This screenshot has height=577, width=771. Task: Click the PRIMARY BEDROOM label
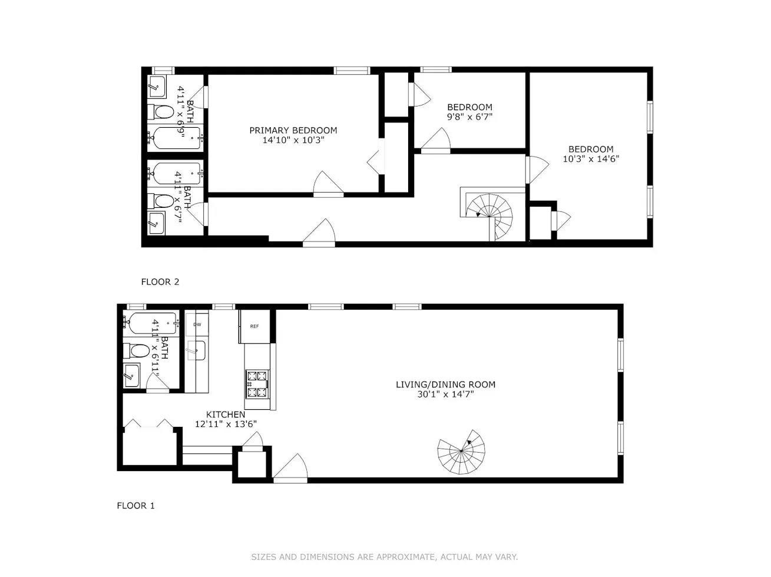point(293,131)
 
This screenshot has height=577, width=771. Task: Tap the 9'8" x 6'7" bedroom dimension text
point(469,117)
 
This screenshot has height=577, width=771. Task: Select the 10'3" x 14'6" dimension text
point(591,159)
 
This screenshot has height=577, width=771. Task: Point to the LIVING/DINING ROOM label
point(445,384)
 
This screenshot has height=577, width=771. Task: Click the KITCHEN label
point(226,414)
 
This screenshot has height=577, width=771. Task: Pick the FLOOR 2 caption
point(160,282)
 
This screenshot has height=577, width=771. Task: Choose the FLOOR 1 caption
point(135,506)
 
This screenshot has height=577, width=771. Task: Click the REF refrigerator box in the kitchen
point(254,326)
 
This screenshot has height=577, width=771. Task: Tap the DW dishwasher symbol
point(197,324)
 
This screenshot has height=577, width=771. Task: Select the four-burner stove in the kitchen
point(257,384)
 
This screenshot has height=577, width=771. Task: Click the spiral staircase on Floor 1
point(462,452)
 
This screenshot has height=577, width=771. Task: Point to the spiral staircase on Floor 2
point(490,215)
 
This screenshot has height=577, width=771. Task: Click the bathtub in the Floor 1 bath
point(151,323)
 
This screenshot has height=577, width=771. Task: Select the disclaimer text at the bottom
point(385,557)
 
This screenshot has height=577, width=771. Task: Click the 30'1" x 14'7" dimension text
point(445,394)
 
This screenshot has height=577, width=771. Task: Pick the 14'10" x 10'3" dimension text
point(293,141)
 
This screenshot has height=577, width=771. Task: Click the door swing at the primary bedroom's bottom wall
point(327,185)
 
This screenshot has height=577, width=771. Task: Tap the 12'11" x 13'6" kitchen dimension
point(226,424)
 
